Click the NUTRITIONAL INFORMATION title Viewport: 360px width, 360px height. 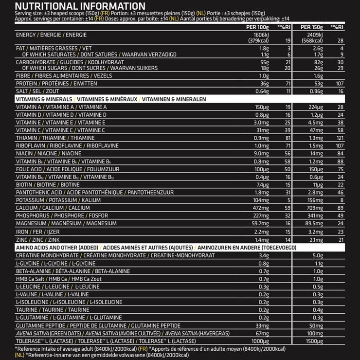[73, 6]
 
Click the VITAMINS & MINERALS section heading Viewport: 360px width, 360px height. [38, 99]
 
